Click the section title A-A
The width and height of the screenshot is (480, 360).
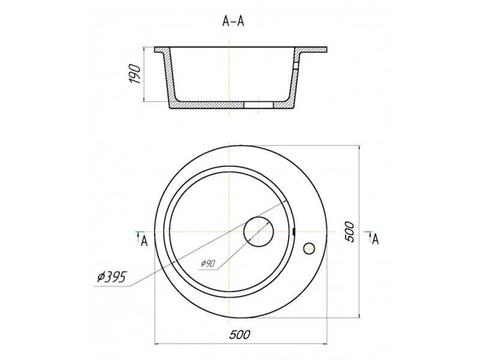tap(233, 21)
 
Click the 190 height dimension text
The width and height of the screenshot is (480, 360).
tap(134, 74)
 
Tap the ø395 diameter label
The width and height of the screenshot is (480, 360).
tap(112, 277)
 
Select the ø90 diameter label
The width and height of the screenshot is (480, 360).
tap(208, 263)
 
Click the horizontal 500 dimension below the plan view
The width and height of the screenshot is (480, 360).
tap(239, 334)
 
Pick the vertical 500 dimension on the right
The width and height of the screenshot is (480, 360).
tap(349, 232)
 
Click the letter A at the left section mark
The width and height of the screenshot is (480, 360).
tap(144, 241)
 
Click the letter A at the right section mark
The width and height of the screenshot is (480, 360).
tap(376, 239)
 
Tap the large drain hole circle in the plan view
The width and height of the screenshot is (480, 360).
tap(259, 232)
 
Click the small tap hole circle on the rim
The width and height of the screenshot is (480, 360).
tap(309, 248)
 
